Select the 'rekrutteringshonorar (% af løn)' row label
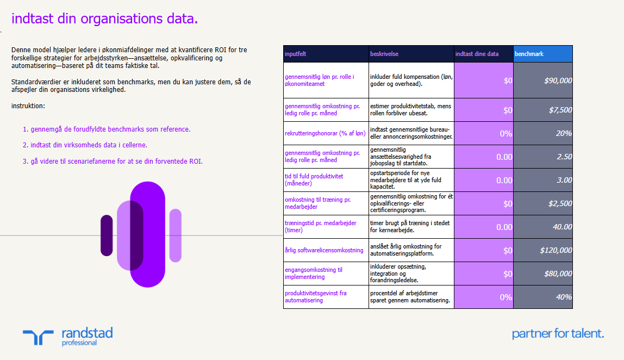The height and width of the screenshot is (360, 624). tap(326, 133)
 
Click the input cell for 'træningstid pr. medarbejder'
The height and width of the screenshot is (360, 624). tap(483, 227)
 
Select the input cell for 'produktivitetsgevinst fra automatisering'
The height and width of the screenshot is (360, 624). tap(483, 297)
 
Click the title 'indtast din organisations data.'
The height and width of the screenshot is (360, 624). tap(104, 19)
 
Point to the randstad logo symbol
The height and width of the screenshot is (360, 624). tap(39, 337)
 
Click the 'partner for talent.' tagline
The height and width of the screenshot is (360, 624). tap(558, 333)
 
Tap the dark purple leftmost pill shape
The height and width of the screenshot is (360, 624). tap(107, 235)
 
